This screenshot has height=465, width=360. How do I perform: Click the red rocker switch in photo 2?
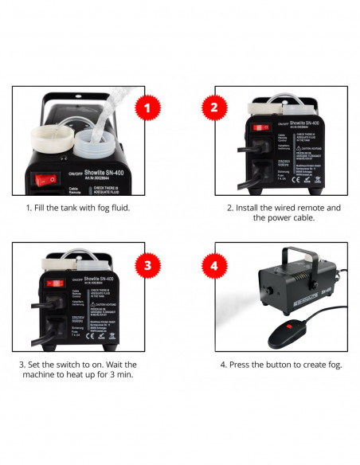pyautogui.click(x=259, y=126)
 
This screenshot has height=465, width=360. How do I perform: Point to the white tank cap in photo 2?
pyautogui.click(x=292, y=103)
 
